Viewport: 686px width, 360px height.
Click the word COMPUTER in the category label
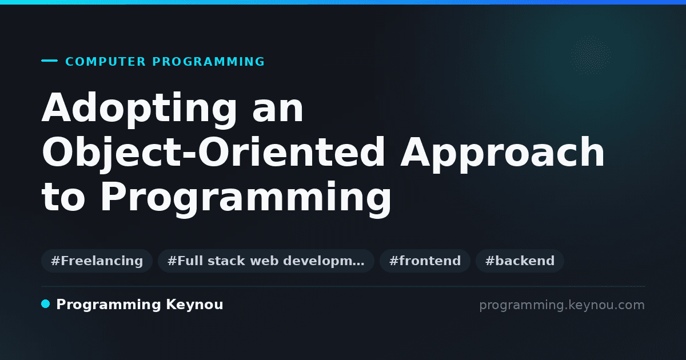(106, 62)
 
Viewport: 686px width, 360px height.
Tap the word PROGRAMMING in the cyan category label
(209, 62)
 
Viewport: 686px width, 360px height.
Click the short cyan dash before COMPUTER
(49, 61)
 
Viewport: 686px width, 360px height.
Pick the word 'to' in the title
(63, 197)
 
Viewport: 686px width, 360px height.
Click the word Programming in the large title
(246, 199)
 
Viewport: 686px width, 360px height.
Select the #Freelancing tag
(97, 261)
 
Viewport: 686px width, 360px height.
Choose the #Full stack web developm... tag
(266, 261)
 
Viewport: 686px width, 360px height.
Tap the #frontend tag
(425, 261)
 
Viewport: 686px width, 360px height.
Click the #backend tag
(520, 261)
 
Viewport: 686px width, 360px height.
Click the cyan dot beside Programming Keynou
(45, 304)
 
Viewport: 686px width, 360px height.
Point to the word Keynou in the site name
(194, 305)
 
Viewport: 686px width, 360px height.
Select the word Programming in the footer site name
(109, 305)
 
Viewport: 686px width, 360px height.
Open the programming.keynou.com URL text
(562, 305)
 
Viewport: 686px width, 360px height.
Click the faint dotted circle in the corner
(591, 55)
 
